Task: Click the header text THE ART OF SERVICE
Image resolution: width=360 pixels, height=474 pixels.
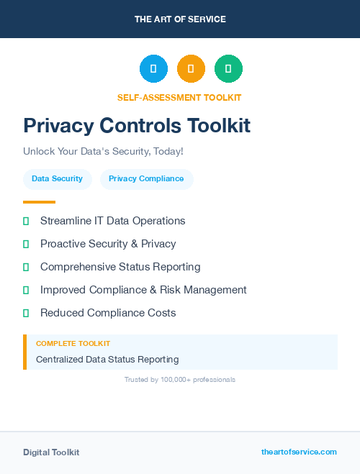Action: click(x=180, y=19)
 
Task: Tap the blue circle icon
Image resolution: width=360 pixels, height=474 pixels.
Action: click(x=153, y=68)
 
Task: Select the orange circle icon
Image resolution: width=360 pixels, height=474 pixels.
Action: click(x=191, y=68)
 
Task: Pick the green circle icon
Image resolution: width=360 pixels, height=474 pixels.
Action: click(x=228, y=68)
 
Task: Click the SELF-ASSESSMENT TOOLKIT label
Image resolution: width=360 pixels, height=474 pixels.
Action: click(x=179, y=97)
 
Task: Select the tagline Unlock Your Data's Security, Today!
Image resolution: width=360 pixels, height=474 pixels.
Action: click(x=103, y=152)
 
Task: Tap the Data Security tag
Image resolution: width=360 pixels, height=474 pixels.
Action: click(x=57, y=178)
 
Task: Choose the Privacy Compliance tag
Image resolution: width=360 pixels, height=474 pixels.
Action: click(x=146, y=178)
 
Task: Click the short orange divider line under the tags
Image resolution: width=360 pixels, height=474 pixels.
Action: click(x=39, y=202)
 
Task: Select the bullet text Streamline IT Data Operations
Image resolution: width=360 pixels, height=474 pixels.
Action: click(x=112, y=221)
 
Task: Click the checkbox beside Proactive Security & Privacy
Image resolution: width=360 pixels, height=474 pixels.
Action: click(x=26, y=244)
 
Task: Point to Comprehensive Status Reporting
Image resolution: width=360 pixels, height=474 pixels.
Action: click(x=120, y=267)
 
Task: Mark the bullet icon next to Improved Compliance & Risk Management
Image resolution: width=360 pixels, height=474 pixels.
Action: click(x=26, y=290)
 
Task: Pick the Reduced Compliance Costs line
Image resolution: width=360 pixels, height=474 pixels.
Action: click(x=108, y=313)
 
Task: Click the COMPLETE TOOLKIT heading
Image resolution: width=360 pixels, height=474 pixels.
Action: click(x=73, y=344)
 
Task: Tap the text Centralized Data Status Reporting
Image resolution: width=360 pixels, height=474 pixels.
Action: click(x=107, y=359)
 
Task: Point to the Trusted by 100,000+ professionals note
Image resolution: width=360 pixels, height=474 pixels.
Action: click(x=179, y=379)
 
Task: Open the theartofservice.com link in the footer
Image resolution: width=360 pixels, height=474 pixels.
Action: click(x=299, y=452)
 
